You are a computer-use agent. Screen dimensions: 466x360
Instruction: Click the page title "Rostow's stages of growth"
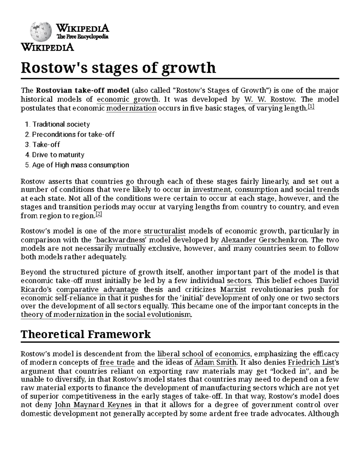[118, 68]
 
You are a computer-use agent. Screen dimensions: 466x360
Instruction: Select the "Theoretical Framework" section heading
[85, 334]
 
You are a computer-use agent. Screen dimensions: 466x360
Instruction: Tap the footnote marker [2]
[99, 214]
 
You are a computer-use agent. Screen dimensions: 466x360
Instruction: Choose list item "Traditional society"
[61, 124]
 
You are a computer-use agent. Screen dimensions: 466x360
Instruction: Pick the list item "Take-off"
[46, 145]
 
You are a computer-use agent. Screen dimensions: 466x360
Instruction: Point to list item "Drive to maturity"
[58, 155]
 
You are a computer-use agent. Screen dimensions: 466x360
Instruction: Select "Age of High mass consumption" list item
[80, 165]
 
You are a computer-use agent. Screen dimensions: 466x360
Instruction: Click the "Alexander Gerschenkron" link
[264, 240]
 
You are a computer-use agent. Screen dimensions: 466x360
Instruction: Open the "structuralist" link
[165, 231]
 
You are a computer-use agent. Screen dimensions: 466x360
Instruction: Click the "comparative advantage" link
[97, 290]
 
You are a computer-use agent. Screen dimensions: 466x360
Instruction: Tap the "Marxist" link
[233, 290]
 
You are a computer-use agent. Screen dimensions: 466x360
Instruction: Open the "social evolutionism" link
[158, 314]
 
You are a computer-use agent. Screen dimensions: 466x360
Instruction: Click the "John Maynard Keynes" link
[93, 405]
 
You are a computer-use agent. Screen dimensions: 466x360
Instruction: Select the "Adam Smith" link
[215, 362]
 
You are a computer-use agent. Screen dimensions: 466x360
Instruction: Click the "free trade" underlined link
[117, 362]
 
